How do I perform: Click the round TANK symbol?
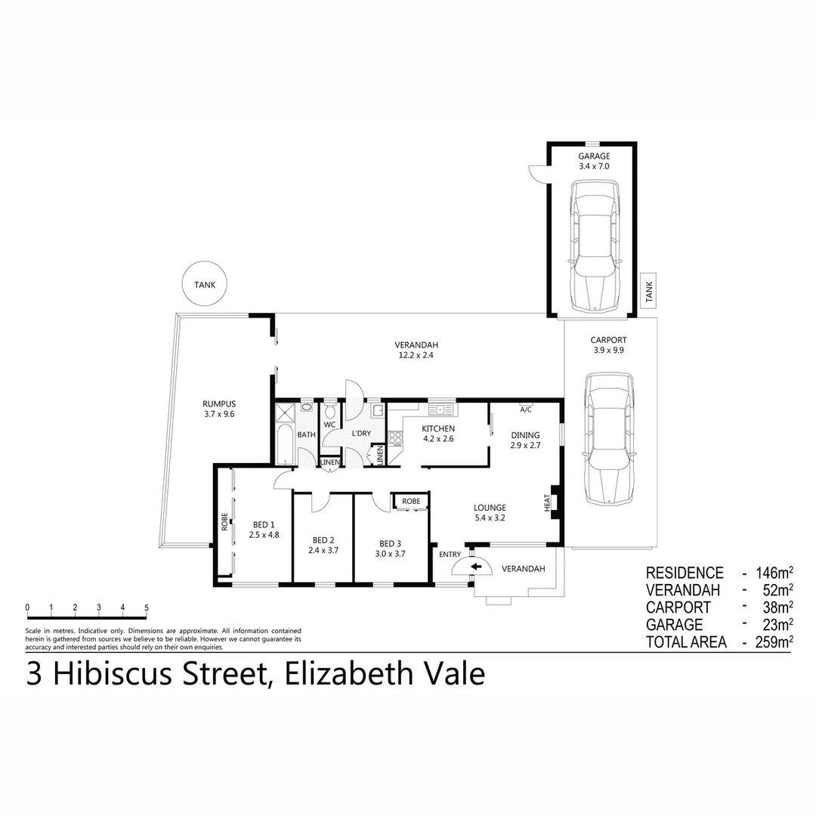click(x=205, y=285)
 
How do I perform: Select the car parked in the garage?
click(x=595, y=246)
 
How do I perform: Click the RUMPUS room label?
click(x=218, y=403)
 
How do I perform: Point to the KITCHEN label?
click(x=438, y=428)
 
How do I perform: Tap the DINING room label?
click(x=525, y=434)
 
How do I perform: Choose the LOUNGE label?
click(x=490, y=507)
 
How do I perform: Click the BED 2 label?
click(x=323, y=540)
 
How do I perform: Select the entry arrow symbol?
click(x=476, y=567)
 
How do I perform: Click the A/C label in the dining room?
click(x=526, y=410)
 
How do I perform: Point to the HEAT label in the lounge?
click(x=547, y=503)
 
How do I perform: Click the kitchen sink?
click(x=442, y=410)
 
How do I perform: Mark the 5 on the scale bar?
click(x=147, y=607)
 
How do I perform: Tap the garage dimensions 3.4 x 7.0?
click(x=594, y=165)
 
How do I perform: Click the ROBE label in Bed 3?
click(x=411, y=501)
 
